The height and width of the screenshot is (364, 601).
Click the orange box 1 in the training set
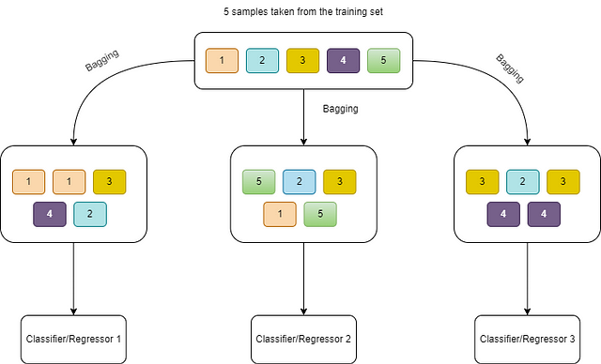222,60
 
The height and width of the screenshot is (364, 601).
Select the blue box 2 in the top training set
262,60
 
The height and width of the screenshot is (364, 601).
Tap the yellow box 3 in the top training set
302,60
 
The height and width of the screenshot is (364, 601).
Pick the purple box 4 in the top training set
343,60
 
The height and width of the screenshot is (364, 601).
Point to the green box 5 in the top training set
384,60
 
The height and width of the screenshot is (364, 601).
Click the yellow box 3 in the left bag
109,182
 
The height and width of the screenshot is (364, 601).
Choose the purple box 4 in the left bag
50,214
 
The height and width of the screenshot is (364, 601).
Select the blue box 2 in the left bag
90,214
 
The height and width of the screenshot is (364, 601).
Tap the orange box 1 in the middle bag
280,214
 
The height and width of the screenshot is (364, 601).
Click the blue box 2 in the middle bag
300,182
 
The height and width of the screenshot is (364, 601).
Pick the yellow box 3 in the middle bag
340,182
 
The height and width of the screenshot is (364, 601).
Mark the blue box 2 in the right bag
523,182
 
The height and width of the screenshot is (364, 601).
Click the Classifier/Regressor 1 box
73,339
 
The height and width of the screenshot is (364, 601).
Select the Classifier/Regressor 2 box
303,339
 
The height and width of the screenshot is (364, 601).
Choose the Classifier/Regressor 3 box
527,339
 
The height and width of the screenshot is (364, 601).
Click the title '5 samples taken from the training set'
303,12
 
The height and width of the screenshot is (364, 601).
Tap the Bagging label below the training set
340,109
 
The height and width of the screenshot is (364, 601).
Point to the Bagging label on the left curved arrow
102,60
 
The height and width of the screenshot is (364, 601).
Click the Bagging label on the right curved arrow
510,68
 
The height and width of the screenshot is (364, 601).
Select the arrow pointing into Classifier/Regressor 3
527,279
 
